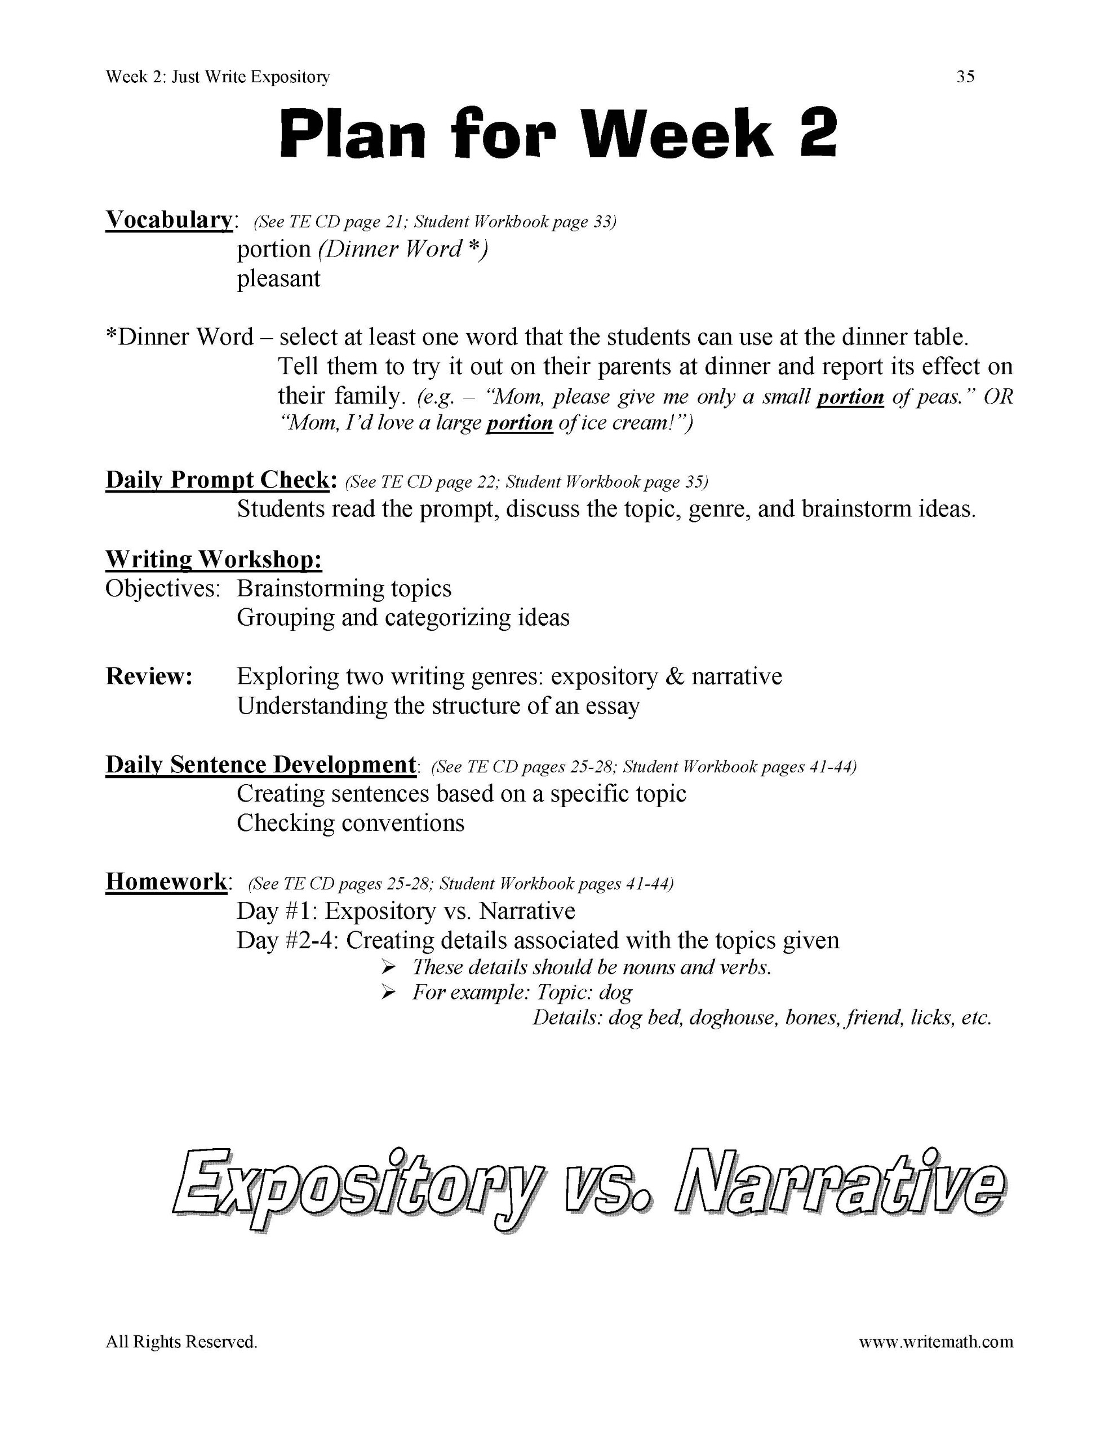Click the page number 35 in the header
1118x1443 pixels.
[965, 77]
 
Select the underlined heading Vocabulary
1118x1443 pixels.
[168, 219]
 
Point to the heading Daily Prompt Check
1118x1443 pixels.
[218, 480]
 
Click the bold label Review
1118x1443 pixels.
[149, 676]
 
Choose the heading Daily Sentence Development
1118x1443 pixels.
[261, 764]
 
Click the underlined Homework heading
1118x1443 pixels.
[166, 882]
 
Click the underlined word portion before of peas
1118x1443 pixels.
[850, 397]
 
